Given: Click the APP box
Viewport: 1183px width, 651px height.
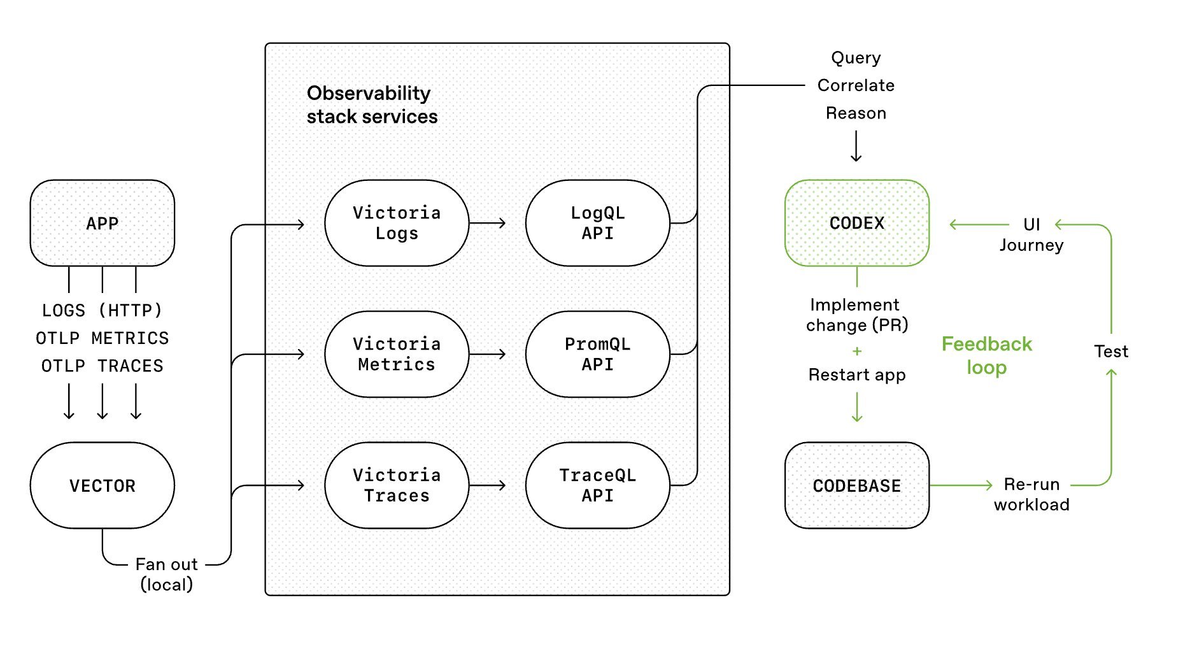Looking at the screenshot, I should click(x=102, y=223).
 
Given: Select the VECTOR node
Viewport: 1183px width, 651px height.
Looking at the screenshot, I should click(x=102, y=485).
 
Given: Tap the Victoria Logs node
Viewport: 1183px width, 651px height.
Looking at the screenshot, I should click(x=396, y=223).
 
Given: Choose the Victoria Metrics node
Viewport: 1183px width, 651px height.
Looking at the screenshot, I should click(x=396, y=354).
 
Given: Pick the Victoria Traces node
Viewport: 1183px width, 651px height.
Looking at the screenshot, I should click(x=396, y=485).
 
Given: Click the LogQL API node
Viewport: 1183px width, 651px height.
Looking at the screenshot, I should click(x=597, y=223).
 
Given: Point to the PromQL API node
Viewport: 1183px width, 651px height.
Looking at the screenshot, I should click(x=597, y=354).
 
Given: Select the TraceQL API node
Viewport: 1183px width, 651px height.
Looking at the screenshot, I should click(x=597, y=485).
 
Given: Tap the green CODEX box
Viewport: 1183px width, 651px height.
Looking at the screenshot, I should click(x=856, y=223).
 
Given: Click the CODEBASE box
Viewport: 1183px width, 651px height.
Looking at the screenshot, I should click(x=856, y=485).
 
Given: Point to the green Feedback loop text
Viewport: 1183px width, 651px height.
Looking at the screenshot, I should click(x=986, y=355).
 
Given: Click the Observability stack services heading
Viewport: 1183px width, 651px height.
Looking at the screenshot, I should click(x=371, y=105).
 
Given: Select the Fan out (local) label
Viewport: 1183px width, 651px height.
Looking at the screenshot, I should click(x=166, y=574).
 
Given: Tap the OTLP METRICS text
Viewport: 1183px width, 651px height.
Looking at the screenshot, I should click(x=102, y=338).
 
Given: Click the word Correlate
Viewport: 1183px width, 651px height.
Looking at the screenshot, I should click(x=856, y=85).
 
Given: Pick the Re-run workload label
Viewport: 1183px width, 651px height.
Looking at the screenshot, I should click(x=1031, y=494).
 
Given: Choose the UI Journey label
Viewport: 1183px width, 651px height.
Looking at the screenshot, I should click(x=1031, y=234).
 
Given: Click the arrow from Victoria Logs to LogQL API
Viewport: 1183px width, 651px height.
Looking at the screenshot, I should click(x=488, y=223).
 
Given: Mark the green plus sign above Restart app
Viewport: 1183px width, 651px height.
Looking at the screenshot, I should click(x=857, y=351).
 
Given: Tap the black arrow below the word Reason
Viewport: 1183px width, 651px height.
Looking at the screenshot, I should click(x=856, y=147).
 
